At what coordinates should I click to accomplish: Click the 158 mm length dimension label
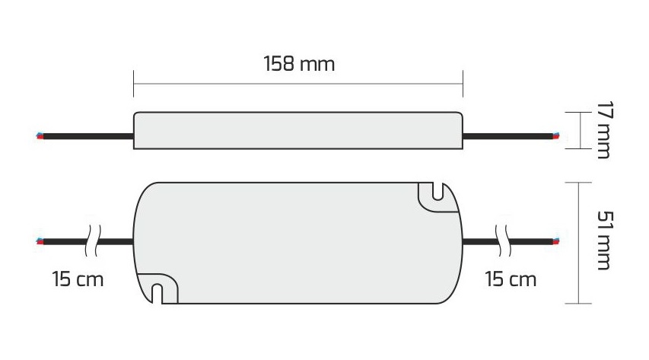(299, 64)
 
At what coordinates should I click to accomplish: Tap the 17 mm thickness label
(604, 129)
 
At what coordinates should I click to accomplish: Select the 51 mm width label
(604, 241)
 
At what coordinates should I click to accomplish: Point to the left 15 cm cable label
(78, 279)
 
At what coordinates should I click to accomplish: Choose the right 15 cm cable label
(511, 279)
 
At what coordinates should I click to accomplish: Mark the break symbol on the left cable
(93, 241)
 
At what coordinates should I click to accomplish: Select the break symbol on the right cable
(504, 241)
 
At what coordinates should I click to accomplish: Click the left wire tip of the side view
(40, 136)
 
